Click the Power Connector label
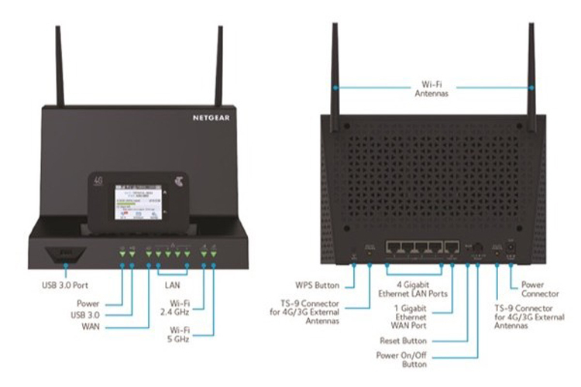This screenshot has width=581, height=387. [541, 289]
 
